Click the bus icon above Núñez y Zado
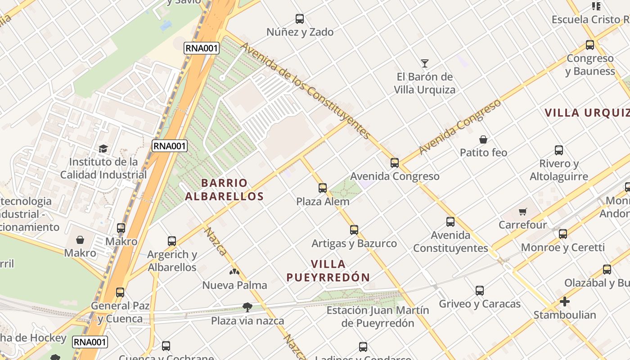click(300, 19)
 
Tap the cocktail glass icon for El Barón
click(424, 63)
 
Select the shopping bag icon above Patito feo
click(483, 139)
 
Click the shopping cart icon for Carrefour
click(522, 211)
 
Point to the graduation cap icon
click(103, 148)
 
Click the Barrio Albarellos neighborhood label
click(224, 189)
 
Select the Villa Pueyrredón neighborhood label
click(328, 270)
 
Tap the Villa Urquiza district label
click(587, 113)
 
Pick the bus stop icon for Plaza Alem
click(323, 188)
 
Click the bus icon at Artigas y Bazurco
click(354, 230)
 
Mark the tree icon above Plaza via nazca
click(247, 307)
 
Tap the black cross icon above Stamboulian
click(565, 301)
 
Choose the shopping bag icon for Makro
click(80, 240)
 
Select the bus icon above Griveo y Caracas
click(480, 291)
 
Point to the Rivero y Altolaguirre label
click(558, 170)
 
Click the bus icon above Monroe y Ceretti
click(563, 234)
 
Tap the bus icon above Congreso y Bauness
click(590, 45)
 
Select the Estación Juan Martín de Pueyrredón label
click(378, 316)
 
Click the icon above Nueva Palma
click(234, 272)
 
